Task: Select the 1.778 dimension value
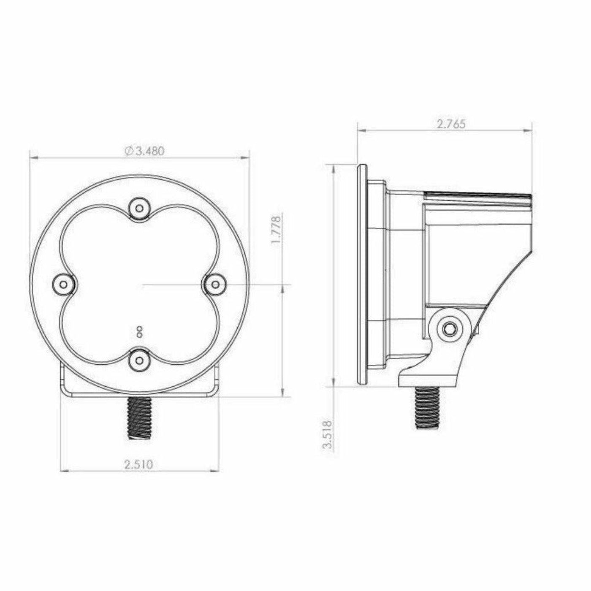click(x=277, y=230)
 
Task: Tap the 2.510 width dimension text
click(x=138, y=465)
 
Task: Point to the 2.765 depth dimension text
click(x=451, y=124)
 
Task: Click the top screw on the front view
click(x=139, y=208)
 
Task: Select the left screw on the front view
click(x=64, y=284)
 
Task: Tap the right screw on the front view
click(x=215, y=284)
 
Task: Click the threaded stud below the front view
click(x=138, y=418)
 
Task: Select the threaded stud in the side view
click(x=428, y=407)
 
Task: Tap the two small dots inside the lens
click(x=139, y=331)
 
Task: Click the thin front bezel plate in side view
click(x=362, y=274)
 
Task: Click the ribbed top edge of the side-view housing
click(x=477, y=195)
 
